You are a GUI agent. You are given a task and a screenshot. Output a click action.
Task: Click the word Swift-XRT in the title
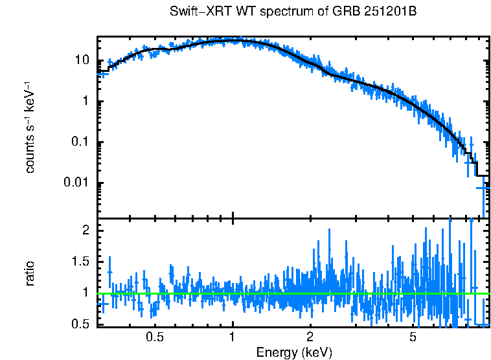(194, 12)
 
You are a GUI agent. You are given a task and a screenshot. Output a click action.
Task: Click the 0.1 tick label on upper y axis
(80, 142)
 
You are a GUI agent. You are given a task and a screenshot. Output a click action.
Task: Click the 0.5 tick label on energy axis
(154, 337)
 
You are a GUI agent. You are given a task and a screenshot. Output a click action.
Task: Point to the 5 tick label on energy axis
(413, 337)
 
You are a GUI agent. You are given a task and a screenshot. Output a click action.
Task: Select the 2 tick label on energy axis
(310, 337)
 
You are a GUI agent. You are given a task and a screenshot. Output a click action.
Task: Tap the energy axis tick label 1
(232, 337)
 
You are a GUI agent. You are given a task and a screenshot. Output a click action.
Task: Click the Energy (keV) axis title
(294, 352)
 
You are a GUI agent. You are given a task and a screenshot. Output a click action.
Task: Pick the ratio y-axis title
(30, 273)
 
